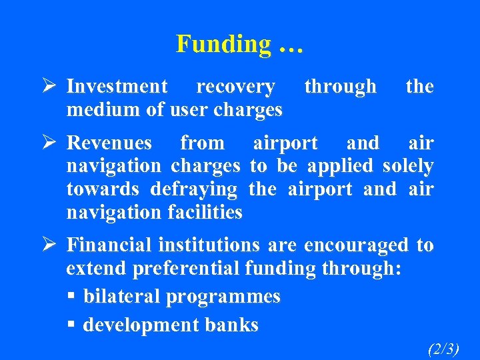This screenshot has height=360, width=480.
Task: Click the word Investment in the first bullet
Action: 117,87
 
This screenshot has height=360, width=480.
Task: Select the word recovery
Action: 235,87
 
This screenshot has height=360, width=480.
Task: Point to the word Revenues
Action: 110,143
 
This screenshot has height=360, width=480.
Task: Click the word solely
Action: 408,165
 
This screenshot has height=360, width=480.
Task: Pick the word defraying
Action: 193,189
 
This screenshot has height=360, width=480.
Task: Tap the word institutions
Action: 211,245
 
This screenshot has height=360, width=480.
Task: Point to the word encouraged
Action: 356,245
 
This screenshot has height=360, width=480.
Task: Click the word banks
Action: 228,325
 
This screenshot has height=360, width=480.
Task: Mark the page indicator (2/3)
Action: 443,348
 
